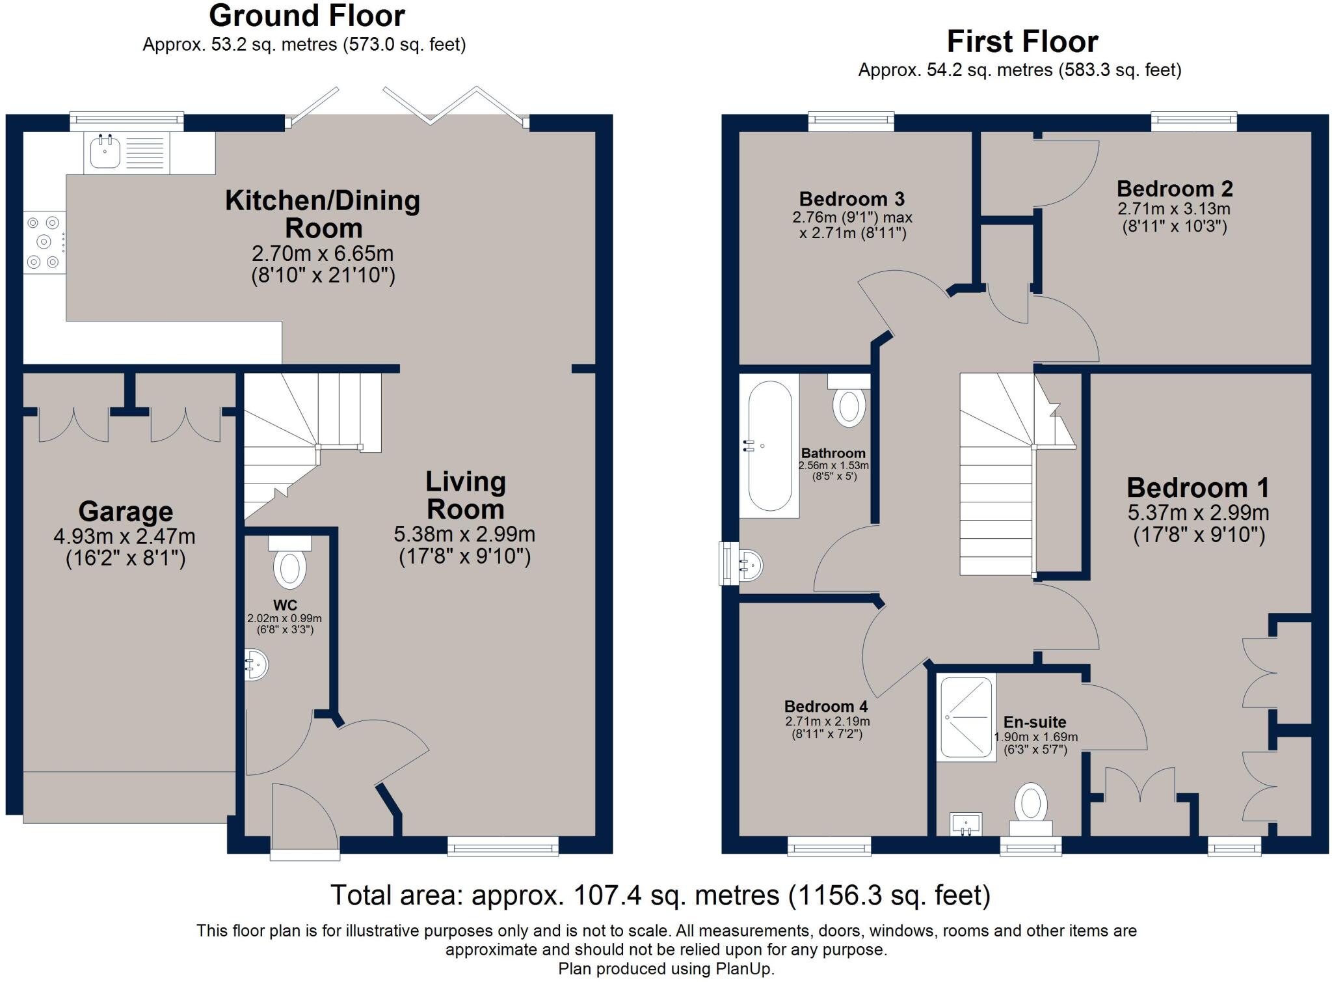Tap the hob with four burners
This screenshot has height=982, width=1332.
(44, 242)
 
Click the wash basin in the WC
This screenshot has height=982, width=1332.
(256, 664)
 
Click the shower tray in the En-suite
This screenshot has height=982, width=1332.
(966, 718)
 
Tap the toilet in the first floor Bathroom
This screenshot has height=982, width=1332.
(849, 403)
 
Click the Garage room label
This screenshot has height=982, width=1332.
(126, 511)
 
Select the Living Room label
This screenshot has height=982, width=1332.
(465, 495)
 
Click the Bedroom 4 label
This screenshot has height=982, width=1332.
(825, 706)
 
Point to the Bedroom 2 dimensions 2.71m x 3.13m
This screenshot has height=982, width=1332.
(1174, 210)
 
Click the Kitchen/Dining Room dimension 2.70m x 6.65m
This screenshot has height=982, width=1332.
(323, 254)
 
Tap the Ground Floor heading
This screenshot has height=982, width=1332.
(306, 16)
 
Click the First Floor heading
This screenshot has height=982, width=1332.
(1022, 42)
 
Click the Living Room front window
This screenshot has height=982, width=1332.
(503, 846)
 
